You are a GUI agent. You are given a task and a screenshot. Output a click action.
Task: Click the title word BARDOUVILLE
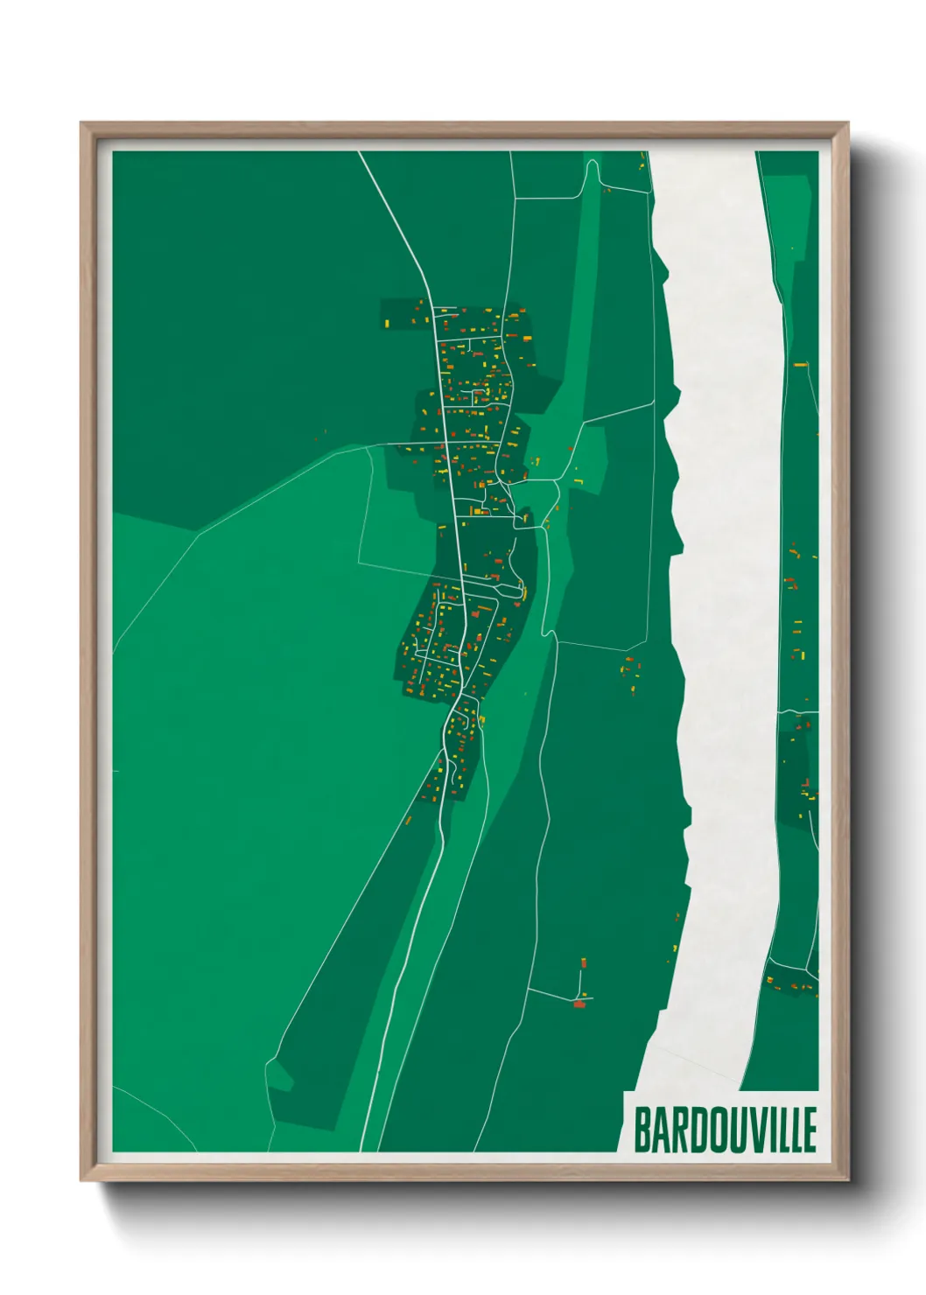coord(725,1130)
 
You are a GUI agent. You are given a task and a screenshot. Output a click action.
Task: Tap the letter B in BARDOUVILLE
coord(641,1130)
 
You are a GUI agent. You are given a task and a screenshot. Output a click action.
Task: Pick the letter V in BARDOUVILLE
coord(745,1130)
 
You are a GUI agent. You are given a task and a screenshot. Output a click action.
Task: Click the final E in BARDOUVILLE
coord(810,1130)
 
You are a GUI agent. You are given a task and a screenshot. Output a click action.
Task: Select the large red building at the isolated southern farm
coord(579,1004)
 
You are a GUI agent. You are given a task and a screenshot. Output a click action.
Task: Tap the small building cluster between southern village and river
coord(630,669)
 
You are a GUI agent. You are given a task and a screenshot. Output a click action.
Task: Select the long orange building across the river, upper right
coord(799,364)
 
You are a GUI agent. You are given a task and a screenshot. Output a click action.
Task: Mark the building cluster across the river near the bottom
coord(792,984)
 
